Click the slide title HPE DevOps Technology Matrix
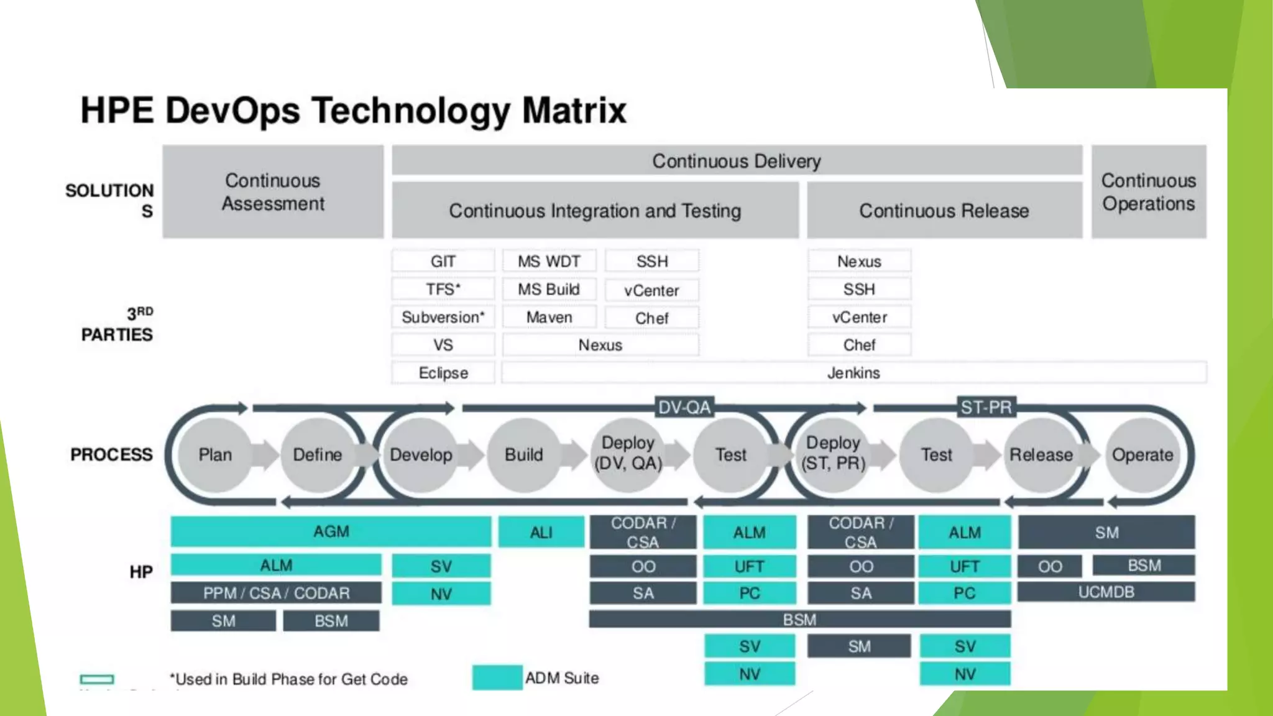coord(353,111)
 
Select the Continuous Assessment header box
coord(273,191)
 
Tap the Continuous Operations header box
coord(1148,191)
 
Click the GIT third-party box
coord(443,261)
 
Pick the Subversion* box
coord(443,317)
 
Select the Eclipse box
coord(443,373)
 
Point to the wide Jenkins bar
coord(853,373)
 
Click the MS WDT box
coord(549,261)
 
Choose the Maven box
coord(549,317)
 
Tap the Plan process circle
coord(215,455)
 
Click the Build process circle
coord(523,455)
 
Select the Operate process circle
coord(1142,455)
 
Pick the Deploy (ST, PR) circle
coord(833,454)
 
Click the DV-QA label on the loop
coord(684,408)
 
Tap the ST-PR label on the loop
coord(986,408)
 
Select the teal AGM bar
coord(331,532)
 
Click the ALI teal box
coord(541,533)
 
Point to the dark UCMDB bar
coord(1106,592)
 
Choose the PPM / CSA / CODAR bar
coord(276,593)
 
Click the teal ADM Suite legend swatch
coord(497,677)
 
